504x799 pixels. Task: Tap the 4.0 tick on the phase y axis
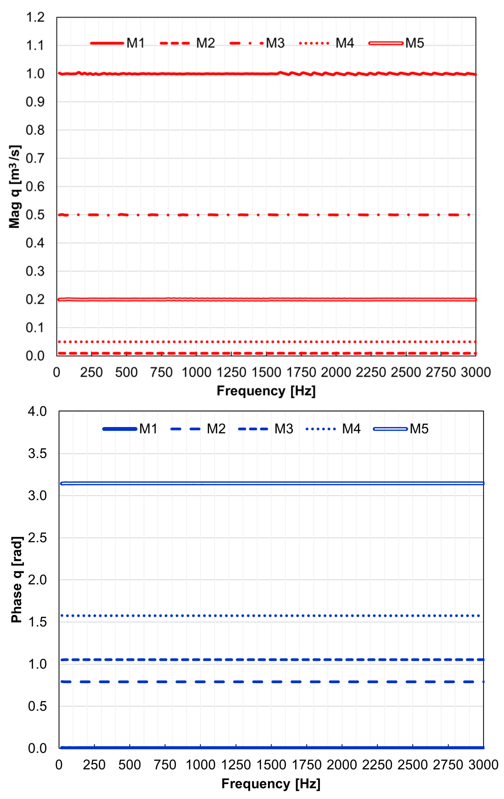[x=37, y=412]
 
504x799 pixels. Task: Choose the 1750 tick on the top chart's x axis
[x=301, y=372]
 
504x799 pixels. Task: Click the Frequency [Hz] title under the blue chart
[x=271, y=784]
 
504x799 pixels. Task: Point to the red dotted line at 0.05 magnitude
[x=265, y=341]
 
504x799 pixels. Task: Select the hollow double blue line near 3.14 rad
[x=265, y=483]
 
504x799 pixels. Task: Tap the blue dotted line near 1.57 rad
[x=265, y=616]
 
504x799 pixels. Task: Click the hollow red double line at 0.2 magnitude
[x=265, y=299]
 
